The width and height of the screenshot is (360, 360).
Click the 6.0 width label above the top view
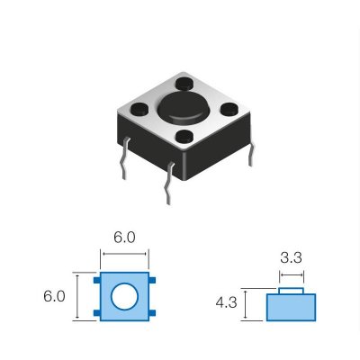[124, 238]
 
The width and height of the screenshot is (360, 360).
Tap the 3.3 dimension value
[291, 257]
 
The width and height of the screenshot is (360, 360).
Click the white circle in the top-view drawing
[123, 296]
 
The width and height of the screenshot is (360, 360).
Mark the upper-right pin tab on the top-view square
[155, 282]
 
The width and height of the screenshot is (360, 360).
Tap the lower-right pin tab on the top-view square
[155, 311]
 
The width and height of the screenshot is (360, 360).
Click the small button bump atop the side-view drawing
[291, 290]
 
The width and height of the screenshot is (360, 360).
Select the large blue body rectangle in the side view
[291, 308]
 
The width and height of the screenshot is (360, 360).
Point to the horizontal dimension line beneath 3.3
[291, 273]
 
